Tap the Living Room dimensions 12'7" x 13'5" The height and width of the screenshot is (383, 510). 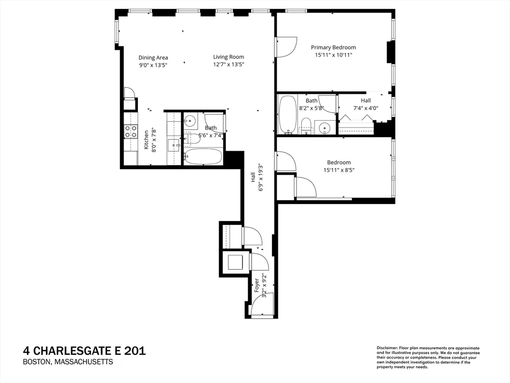(x=229, y=64)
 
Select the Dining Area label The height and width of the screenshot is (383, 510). (x=153, y=57)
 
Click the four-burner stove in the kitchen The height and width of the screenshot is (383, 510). (x=130, y=131)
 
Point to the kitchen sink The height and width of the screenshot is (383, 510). (x=174, y=145)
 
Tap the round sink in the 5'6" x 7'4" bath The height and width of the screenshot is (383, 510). (x=190, y=120)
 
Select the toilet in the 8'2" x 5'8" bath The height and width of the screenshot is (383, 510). (x=306, y=125)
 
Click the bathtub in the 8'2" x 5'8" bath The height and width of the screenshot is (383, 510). (x=287, y=115)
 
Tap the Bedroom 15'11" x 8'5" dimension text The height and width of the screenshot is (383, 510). (x=339, y=170)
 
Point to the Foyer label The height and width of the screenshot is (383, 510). (x=257, y=285)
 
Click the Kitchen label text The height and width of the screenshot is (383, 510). (x=146, y=140)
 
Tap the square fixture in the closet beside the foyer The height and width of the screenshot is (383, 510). (x=234, y=261)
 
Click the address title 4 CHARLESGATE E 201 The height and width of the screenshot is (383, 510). (x=84, y=351)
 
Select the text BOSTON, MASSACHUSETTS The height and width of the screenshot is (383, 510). (x=68, y=362)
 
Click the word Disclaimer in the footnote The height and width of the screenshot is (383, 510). (x=386, y=348)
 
